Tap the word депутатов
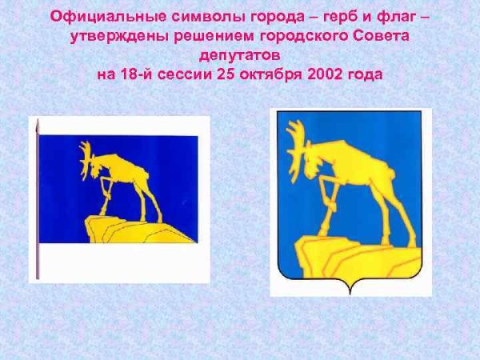(x=240, y=56)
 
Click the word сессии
(x=185, y=74)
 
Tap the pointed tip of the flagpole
(x=38, y=120)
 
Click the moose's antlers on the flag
(x=86, y=159)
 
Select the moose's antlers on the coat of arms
(x=296, y=147)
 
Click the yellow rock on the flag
(x=134, y=230)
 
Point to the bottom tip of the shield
(x=350, y=294)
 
